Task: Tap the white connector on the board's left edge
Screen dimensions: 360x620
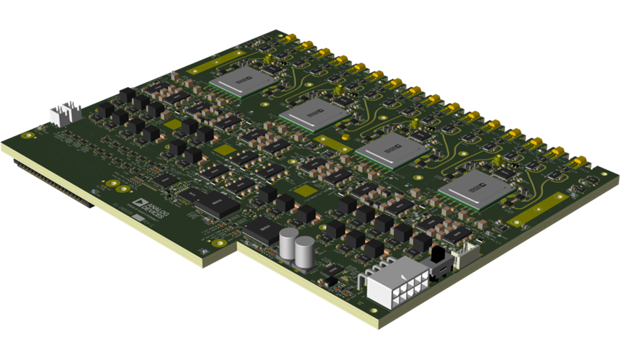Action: pyautogui.click(x=65, y=113)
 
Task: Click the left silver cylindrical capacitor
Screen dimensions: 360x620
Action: pyautogui.click(x=289, y=245)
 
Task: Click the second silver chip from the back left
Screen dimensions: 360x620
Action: pyautogui.click(x=310, y=114)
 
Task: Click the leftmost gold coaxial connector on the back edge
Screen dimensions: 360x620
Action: pyautogui.click(x=291, y=37)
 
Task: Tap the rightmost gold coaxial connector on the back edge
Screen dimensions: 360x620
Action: pyautogui.click(x=576, y=162)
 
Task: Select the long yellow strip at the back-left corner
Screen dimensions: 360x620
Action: pyautogui.click(x=216, y=63)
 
